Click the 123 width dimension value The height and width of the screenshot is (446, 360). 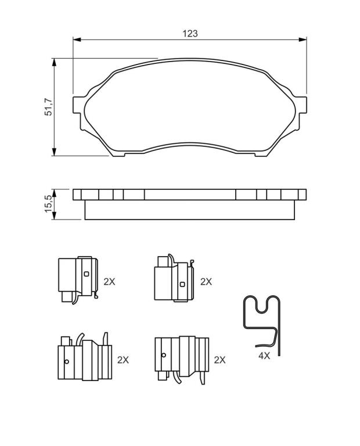(x=190, y=34)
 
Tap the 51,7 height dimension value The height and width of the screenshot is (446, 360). (x=48, y=107)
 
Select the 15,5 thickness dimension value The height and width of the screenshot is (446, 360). (x=48, y=204)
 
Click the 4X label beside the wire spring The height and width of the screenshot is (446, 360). (x=264, y=355)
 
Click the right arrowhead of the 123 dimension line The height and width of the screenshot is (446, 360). (x=303, y=39)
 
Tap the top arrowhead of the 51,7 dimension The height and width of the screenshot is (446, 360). (x=54, y=63)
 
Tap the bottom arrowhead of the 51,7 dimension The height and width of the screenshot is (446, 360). (x=54, y=152)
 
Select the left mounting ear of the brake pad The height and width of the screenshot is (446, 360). (x=77, y=105)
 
